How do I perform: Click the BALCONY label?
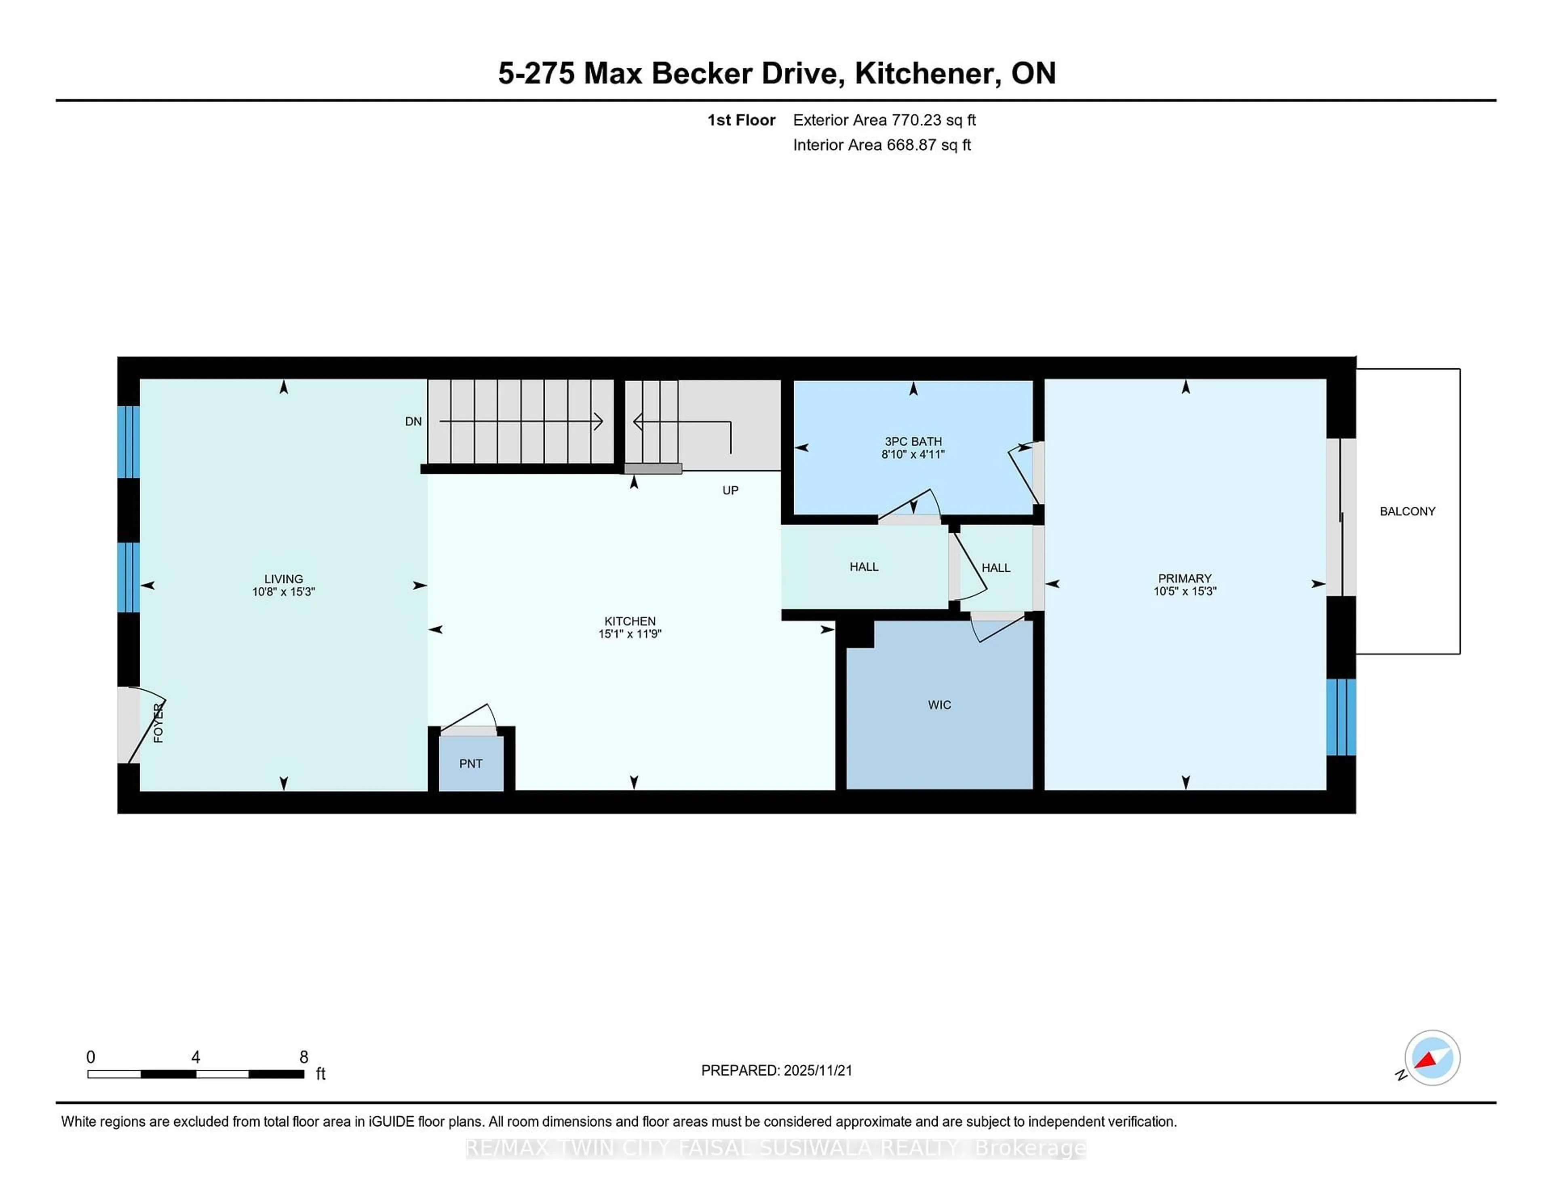[1407, 511]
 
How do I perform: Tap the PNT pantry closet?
[470, 763]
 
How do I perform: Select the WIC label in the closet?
[939, 704]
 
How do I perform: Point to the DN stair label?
[413, 422]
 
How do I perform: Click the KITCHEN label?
[630, 621]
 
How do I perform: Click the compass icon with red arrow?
[1432, 1058]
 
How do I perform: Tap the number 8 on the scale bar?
[304, 1057]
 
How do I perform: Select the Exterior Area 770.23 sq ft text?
[884, 120]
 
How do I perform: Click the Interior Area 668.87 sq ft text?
[881, 145]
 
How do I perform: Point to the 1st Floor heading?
[741, 120]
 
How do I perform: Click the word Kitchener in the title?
[928, 73]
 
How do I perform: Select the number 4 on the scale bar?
[196, 1057]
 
